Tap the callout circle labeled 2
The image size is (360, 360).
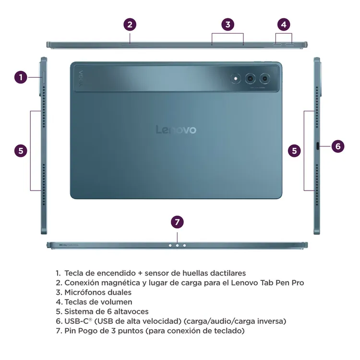(130, 24)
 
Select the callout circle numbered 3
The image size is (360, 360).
(228, 24)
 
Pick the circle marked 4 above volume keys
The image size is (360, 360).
(284, 24)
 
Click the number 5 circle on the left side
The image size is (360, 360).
(20, 150)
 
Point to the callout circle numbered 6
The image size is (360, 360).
(338, 146)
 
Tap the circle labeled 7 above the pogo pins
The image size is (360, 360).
(178, 222)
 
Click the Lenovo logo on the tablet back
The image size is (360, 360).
(176, 130)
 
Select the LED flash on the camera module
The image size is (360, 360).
(236, 78)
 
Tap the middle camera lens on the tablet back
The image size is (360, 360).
(250, 78)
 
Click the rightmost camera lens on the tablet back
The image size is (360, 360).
(264, 78)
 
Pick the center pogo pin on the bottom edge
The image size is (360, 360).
(177, 245)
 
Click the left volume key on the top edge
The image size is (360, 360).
(279, 45)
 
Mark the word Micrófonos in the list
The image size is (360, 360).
(87, 292)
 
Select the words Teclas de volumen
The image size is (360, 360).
(98, 302)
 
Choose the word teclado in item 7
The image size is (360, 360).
(228, 331)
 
